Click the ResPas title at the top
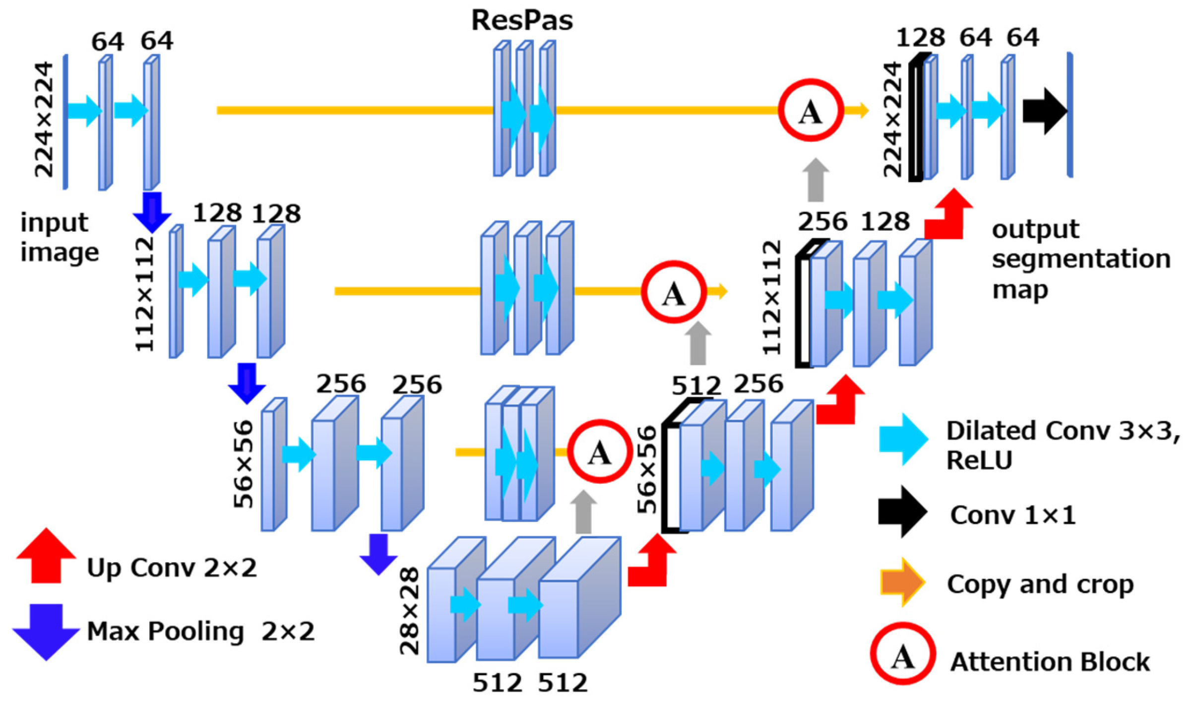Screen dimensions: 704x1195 (x=521, y=20)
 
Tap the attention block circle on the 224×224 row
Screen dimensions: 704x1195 (x=810, y=110)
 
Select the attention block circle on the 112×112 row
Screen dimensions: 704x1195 (x=673, y=292)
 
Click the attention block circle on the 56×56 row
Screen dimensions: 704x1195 (x=599, y=451)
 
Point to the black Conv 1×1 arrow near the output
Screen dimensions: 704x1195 (x=1043, y=111)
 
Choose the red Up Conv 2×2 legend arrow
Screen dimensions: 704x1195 (x=46, y=556)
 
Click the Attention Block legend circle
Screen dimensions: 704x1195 (x=902, y=654)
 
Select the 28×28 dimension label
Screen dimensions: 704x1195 (x=410, y=611)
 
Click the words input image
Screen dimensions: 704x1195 (x=59, y=237)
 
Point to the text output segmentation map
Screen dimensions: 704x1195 (x=1080, y=259)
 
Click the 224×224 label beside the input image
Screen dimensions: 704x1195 (x=44, y=119)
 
